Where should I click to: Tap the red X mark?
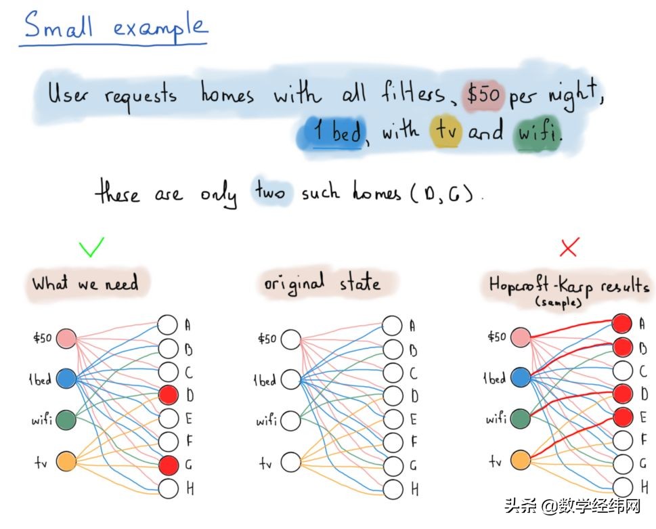(569, 248)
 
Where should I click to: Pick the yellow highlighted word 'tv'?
(445, 131)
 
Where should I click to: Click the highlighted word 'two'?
(269, 193)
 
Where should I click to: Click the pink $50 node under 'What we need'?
(65, 338)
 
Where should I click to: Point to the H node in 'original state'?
(393, 488)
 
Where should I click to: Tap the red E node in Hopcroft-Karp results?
(623, 416)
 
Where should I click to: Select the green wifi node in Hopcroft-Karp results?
(520, 419)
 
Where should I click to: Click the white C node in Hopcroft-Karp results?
(623, 370)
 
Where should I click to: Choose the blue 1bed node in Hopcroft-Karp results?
(520, 377)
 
